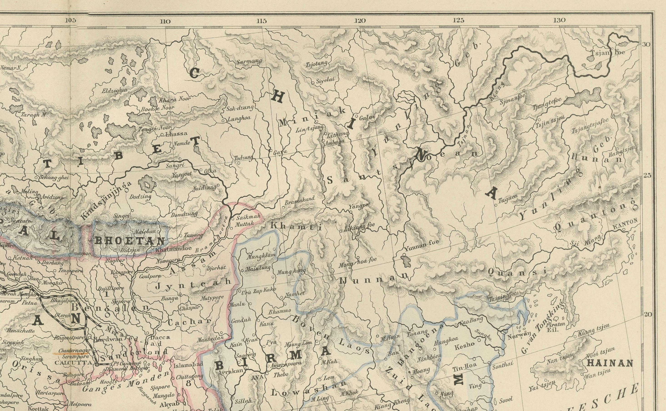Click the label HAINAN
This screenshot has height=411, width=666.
click(610, 363)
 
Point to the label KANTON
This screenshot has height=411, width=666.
click(625, 225)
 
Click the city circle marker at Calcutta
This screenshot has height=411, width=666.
click(97, 364)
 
